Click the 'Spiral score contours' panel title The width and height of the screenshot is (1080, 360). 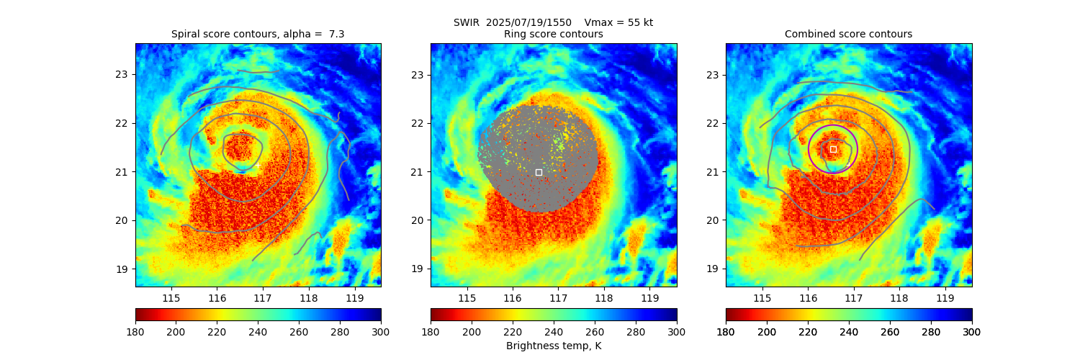[258, 34]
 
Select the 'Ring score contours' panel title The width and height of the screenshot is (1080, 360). [553, 34]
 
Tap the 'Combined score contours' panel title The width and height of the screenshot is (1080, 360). [848, 34]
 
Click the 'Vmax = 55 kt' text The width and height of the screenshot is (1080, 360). [618, 22]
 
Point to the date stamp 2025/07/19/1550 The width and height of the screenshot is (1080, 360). [528, 22]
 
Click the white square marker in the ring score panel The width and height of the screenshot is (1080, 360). [539, 172]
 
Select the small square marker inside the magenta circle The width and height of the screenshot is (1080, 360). [833, 149]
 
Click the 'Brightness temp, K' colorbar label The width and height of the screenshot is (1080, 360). [553, 346]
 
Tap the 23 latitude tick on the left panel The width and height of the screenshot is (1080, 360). [122, 74]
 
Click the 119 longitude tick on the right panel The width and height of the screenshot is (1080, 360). [945, 298]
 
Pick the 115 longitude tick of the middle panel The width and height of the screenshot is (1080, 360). [467, 298]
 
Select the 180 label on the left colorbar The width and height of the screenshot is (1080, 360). [135, 332]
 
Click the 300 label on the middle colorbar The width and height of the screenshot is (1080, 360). [676, 332]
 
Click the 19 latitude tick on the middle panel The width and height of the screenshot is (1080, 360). [418, 269]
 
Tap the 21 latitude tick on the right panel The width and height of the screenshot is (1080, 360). [713, 171]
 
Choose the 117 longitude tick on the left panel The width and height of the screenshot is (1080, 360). [262, 298]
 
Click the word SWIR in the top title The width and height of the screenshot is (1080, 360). [467, 22]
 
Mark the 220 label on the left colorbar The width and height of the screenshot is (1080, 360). [217, 332]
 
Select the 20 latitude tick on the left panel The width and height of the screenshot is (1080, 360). [122, 220]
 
